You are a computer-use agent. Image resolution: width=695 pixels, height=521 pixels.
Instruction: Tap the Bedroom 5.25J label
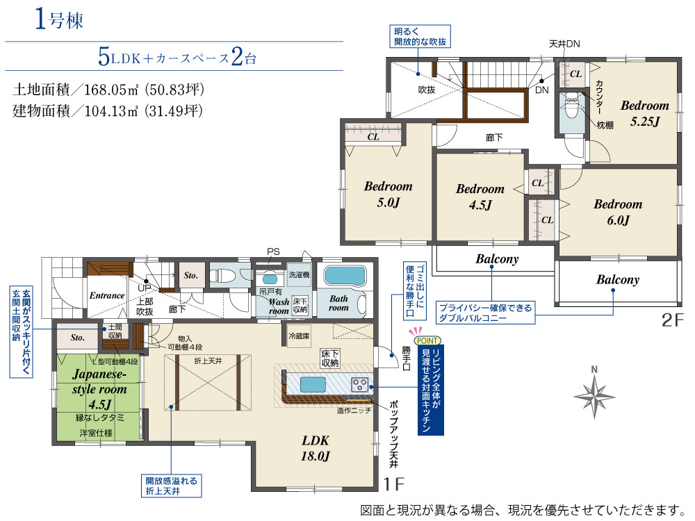pyautogui.click(x=644, y=113)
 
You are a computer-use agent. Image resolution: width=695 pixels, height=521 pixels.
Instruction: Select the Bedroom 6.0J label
pyautogui.click(x=618, y=212)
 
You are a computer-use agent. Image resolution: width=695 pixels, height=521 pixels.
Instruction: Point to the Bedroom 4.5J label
pyautogui.click(x=480, y=197)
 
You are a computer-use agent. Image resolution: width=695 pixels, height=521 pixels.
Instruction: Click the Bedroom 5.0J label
pyautogui.click(x=389, y=194)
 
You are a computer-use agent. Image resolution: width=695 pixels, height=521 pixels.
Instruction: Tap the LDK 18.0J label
pyautogui.click(x=315, y=448)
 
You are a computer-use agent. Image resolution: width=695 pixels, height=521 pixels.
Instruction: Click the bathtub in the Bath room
pyautogui.click(x=345, y=276)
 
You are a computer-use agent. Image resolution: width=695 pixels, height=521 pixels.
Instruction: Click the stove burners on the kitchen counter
pyautogui.click(x=360, y=384)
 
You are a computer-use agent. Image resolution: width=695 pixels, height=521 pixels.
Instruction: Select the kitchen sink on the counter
pyautogui.click(x=313, y=384)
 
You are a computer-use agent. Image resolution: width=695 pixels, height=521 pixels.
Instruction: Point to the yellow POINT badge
pyautogui.click(x=427, y=340)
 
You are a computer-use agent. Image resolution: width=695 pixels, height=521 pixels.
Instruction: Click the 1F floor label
pyautogui.click(x=394, y=483)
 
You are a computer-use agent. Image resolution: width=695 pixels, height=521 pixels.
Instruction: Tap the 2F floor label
pyautogui.click(x=673, y=320)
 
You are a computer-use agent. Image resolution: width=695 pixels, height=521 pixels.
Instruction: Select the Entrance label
pyautogui.click(x=107, y=295)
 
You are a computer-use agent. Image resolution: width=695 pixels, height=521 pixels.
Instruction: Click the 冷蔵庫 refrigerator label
pyautogui.click(x=299, y=336)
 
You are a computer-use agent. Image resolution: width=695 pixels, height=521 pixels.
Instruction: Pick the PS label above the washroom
pyautogui.click(x=273, y=251)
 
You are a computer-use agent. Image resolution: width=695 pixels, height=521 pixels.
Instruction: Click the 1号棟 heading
pyautogui.click(x=59, y=19)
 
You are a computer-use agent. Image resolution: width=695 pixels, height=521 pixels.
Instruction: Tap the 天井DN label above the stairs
pyautogui.click(x=564, y=44)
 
